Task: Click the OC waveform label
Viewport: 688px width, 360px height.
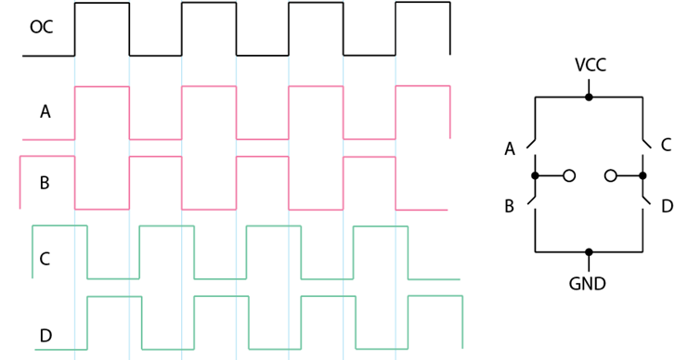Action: coord(41,27)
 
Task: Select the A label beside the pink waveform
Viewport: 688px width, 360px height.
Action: coord(45,112)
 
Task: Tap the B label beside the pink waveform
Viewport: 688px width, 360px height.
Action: coord(45,183)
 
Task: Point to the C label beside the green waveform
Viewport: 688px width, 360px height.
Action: coord(45,259)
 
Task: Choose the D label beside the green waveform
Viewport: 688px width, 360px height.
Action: coord(45,336)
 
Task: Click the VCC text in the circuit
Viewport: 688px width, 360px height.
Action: coord(591,65)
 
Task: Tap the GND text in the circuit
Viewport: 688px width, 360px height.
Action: coord(588,284)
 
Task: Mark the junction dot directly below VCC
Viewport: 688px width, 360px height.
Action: coord(589,96)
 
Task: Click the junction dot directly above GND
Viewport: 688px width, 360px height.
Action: coord(589,252)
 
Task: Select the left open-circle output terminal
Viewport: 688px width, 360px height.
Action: coord(569,176)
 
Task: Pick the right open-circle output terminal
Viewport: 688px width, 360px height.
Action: coord(610,176)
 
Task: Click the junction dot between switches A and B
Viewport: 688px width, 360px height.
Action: coord(535,176)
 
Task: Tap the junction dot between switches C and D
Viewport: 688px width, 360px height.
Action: coord(643,176)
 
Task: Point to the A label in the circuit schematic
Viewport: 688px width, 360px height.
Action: coord(510,149)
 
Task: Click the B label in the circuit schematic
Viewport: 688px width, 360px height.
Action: coord(509,206)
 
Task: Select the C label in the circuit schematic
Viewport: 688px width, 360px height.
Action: coord(666,145)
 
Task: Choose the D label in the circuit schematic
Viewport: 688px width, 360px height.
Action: coord(667,206)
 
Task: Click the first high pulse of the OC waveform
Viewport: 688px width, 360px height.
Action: coord(102,3)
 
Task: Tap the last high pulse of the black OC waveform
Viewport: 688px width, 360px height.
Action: coord(423,3)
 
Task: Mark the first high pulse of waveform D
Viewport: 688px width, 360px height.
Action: coord(114,297)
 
